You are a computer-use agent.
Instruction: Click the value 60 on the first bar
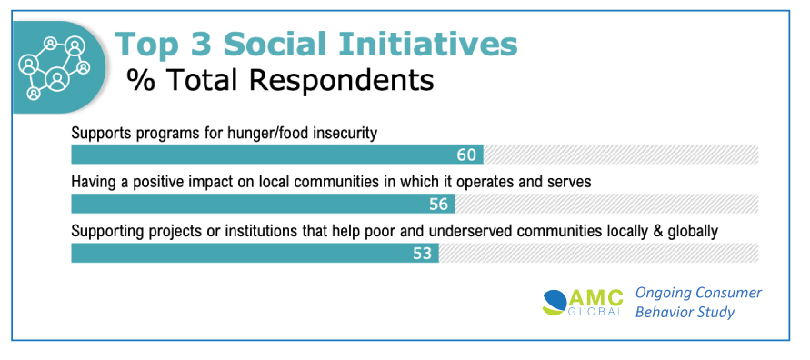[x=466, y=155]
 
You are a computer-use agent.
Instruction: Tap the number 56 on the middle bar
[x=438, y=205]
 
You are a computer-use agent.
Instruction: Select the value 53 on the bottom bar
[x=422, y=254]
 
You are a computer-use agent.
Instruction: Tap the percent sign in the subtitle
[x=141, y=80]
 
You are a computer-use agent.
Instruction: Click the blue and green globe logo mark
[x=555, y=303]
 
